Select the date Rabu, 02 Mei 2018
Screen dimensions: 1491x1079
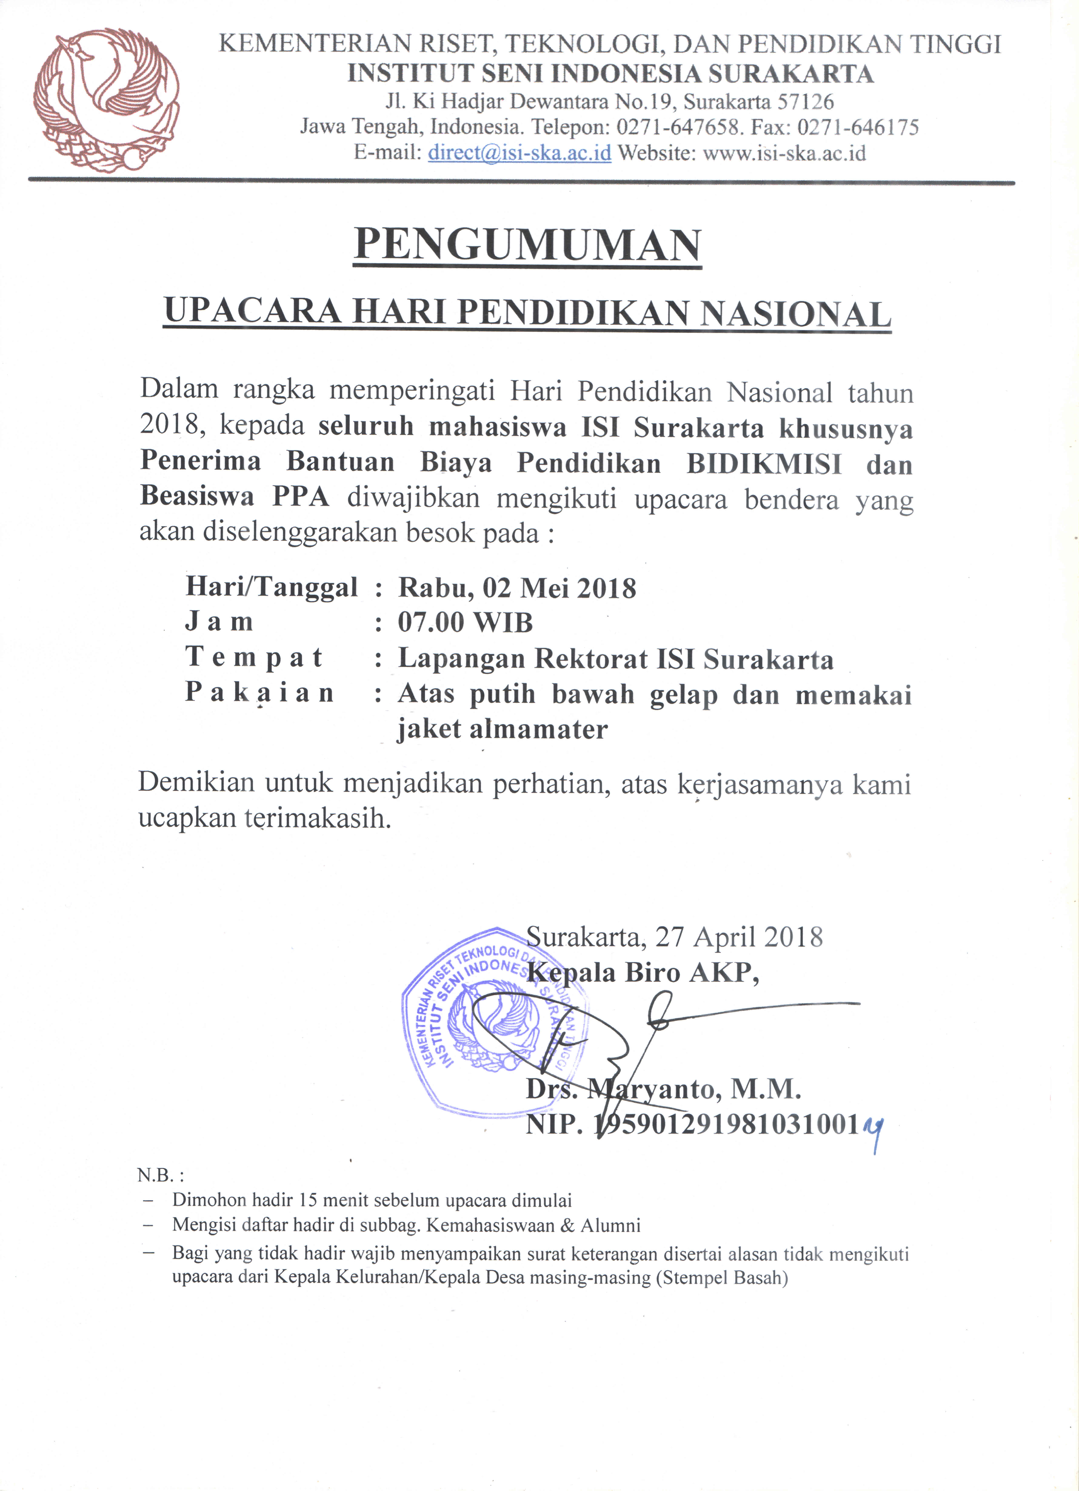[x=517, y=587]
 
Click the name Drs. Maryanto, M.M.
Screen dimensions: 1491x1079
[x=663, y=1089]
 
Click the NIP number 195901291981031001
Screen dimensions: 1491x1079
[x=726, y=1125]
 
